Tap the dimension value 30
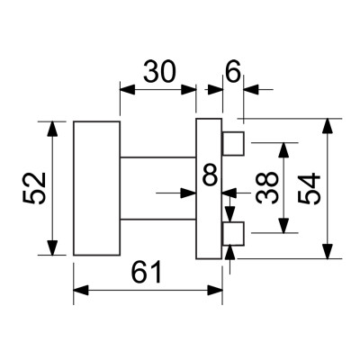[x=157, y=73]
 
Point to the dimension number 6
[x=233, y=73]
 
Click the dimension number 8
[x=210, y=176]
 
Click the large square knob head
[x=95, y=188]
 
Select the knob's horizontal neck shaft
[x=157, y=188]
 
